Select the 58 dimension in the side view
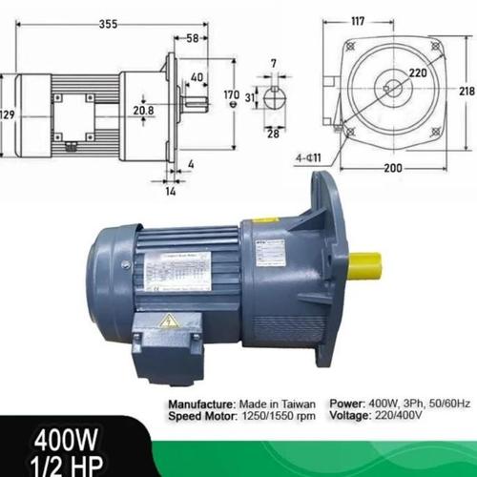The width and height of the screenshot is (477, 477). (194, 38)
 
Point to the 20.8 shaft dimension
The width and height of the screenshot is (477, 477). (144, 112)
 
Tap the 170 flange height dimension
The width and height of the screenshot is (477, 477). (232, 95)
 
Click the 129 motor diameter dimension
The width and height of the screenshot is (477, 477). (7, 114)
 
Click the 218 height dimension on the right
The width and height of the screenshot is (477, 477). (466, 91)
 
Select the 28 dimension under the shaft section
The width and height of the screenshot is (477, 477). (273, 135)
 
